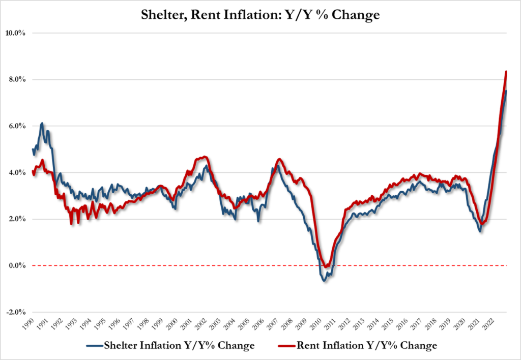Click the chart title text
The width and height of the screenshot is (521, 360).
point(260,15)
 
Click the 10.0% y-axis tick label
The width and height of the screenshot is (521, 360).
point(16,33)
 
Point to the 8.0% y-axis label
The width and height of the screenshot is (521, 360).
point(17,80)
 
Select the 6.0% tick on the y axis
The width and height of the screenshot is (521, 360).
point(17,126)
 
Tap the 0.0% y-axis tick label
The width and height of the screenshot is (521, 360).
point(17,265)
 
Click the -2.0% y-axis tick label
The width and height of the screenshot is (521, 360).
point(16,312)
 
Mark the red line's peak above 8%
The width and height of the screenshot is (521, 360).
point(506,72)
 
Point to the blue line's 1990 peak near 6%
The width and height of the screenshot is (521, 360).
point(42,123)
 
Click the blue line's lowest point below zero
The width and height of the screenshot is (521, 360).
point(324,281)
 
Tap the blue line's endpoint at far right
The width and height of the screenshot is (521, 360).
point(506,91)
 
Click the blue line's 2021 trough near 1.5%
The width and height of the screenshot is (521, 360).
point(480,232)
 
